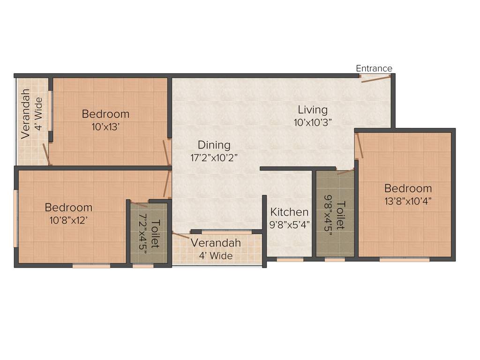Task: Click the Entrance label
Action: click(374, 68)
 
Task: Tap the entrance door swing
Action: click(375, 78)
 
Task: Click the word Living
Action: click(313, 110)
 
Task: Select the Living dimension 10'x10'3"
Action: click(313, 122)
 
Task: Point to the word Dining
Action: click(214, 145)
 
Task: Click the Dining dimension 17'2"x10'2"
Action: click(214, 157)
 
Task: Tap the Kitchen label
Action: click(289, 212)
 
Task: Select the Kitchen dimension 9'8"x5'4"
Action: click(290, 225)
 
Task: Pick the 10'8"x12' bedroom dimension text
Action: click(68, 219)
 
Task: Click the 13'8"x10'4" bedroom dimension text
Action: click(408, 201)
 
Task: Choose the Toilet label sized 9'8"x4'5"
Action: click(341, 215)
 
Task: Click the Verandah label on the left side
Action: click(26, 113)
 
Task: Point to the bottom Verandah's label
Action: click(216, 243)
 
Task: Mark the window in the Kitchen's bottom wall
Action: click(290, 259)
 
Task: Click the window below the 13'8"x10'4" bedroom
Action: click(404, 259)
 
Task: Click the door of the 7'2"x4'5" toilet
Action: click(139, 204)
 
